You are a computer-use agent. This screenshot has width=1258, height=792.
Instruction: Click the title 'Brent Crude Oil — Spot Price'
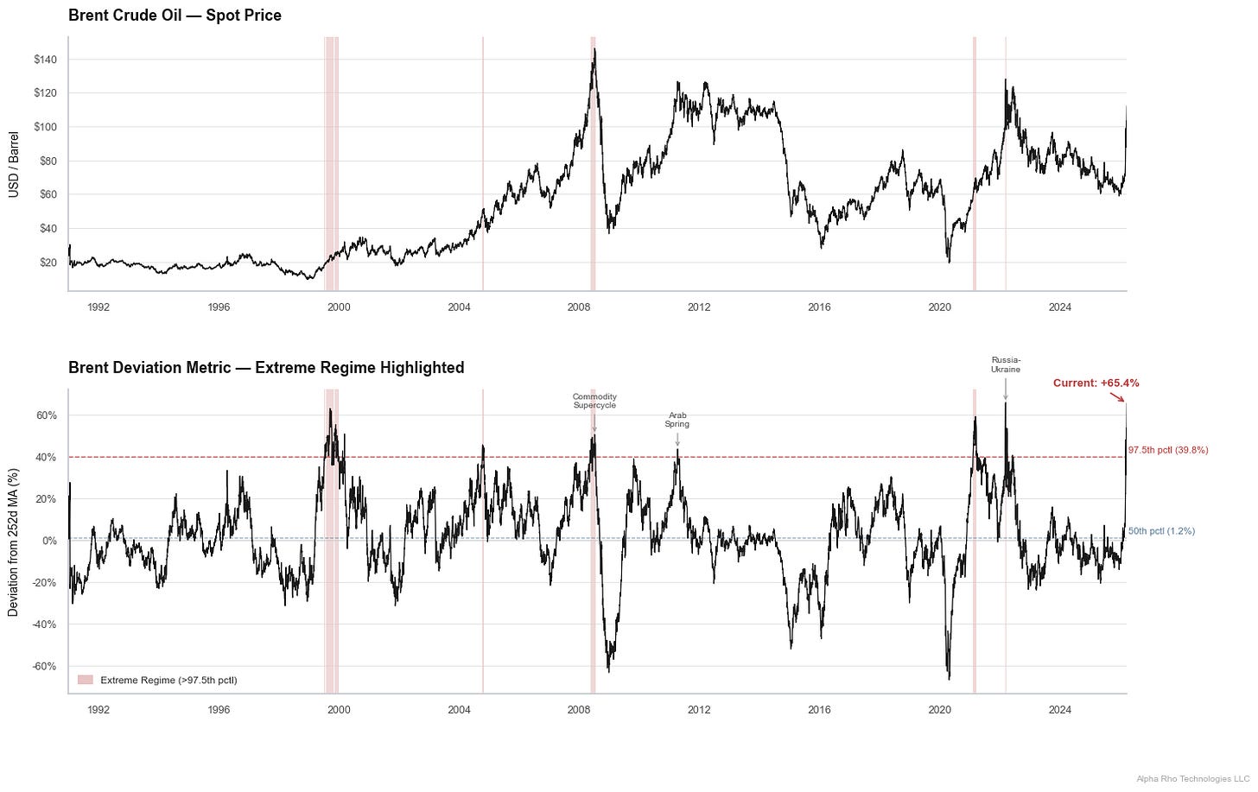pyautogui.click(x=175, y=16)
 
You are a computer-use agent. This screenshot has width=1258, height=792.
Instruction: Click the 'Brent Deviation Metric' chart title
pyautogui.click(x=266, y=368)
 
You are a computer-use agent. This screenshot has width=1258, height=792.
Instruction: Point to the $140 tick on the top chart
pyautogui.click(x=45, y=60)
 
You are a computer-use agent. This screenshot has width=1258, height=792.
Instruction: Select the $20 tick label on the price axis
pyautogui.click(x=48, y=263)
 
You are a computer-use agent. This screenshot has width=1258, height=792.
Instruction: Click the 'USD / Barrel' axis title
pyautogui.click(x=14, y=164)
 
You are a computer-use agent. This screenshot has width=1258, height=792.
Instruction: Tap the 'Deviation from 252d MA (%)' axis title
pyautogui.click(x=14, y=542)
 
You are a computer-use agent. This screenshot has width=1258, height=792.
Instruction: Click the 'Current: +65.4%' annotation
pyautogui.click(x=1096, y=383)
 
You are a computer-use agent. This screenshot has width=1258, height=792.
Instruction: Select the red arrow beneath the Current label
pyautogui.click(x=1116, y=397)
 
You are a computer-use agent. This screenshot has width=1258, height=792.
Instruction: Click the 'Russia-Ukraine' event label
pyautogui.click(x=1006, y=364)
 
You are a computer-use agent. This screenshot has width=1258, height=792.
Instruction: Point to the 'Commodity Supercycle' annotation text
pyautogui.click(x=594, y=401)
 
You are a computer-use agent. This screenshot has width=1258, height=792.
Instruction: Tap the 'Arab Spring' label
pyautogui.click(x=677, y=420)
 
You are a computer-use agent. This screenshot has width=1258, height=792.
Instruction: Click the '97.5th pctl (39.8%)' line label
pyautogui.click(x=1167, y=450)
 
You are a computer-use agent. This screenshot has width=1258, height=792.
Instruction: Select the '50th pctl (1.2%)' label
pyautogui.click(x=1161, y=531)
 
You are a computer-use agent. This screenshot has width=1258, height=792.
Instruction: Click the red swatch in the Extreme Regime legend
pyautogui.click(x=85, y=681)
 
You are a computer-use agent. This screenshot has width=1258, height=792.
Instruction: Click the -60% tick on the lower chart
pyautogui.click(x=45, y=666)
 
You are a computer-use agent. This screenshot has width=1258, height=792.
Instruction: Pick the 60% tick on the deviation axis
pyautogui.click(x=47, y=415)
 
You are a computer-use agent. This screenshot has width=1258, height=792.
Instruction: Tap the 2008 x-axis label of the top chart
pyautogui.click(x=579, y=307)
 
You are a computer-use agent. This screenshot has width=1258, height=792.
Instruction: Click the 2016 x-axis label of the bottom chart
pyautogui.click(x=819, y=710)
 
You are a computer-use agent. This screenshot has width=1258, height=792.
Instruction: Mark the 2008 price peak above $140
pyautogui.click(x=594, y=50)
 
